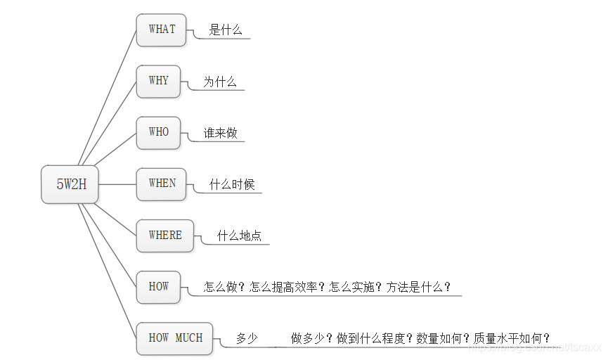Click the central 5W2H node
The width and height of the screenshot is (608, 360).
click(70, 185)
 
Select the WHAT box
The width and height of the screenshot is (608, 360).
click(161, 30)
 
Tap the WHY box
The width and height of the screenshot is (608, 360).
click(158, 82)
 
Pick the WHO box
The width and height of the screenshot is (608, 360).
click(158, 133)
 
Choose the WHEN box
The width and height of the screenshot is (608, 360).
click(162, 184)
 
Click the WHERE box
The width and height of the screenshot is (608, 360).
click(164, 236)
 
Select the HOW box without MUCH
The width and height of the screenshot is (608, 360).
click(158, 287)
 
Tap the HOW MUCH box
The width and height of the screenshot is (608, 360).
click(175, 338)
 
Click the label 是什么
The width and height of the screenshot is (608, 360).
click(226, 30)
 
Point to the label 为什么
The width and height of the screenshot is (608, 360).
click(220, 82)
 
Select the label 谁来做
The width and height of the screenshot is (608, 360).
click(221, 134)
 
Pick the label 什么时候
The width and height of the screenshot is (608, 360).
click(232, 185)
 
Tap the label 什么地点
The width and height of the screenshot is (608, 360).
click(239, 236)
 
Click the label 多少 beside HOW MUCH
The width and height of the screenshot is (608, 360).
click(247, 339)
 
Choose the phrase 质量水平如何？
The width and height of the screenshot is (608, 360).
click(512, 339)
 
